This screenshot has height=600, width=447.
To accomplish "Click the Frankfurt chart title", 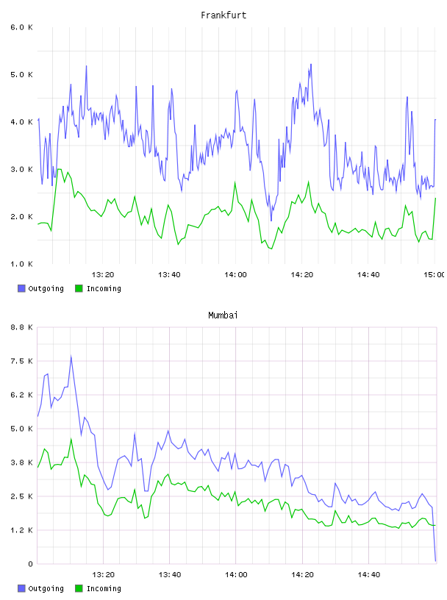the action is tap(223, 15).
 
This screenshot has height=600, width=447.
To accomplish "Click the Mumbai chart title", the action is tap(223, 315).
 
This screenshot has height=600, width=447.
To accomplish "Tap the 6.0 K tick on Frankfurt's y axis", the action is tap(21, 27).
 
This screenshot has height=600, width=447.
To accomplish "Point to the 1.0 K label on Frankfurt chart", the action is tap(21, 264).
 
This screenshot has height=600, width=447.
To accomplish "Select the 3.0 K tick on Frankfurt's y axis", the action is tap(21, 170).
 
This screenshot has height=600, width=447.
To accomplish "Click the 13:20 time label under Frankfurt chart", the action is tap(103, 274).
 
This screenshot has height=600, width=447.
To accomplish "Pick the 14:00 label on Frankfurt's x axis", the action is tap(236, 274).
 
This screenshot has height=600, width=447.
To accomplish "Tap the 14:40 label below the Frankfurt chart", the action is tap(368, 274).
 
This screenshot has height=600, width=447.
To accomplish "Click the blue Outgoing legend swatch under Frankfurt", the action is tap(21, 288).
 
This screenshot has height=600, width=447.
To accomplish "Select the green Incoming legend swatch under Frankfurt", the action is tap(79, 288).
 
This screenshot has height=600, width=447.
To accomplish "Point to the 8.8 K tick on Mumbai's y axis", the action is tap(21, 327).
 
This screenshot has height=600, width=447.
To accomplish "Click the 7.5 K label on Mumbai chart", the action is tap(21, 361).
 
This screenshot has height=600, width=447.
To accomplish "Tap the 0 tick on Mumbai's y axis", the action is tap(30, 564).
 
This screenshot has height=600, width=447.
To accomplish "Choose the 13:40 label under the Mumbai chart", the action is tap(170, 574).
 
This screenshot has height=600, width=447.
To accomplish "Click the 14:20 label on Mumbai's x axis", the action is tap(302, 574).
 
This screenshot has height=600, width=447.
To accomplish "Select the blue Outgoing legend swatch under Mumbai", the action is tap(21, 588).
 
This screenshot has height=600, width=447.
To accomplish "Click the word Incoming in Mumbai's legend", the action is tap(104, 588).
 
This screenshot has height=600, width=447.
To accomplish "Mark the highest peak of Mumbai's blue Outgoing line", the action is tap(71, 356).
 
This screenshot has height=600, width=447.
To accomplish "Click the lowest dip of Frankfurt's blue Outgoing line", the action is tap(271, 221).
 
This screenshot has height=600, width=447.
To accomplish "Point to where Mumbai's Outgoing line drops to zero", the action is tap(435, 561).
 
